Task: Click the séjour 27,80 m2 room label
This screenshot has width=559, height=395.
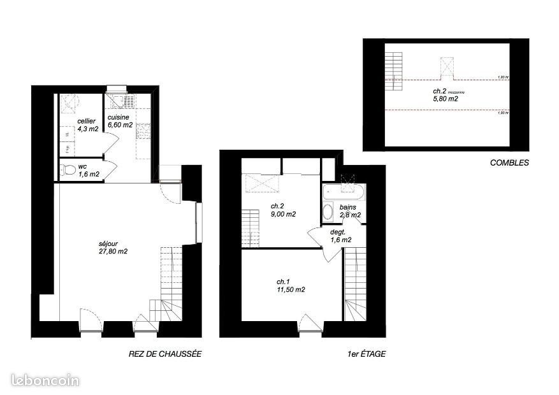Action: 113,247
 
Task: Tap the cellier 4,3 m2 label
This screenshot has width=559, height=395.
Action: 87,125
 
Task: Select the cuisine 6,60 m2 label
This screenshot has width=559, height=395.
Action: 120,121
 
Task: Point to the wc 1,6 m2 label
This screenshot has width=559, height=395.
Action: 88,170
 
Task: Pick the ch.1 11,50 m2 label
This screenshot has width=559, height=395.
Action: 290,285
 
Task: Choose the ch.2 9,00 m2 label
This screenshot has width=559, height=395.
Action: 282,210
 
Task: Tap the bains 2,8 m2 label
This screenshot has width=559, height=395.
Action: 350,211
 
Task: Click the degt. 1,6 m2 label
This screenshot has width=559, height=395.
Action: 340,236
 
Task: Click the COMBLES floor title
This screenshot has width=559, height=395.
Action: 509,162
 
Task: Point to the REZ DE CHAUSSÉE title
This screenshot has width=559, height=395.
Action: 165,354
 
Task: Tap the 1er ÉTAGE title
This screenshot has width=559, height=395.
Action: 363,354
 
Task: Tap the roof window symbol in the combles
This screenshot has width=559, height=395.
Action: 446,67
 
